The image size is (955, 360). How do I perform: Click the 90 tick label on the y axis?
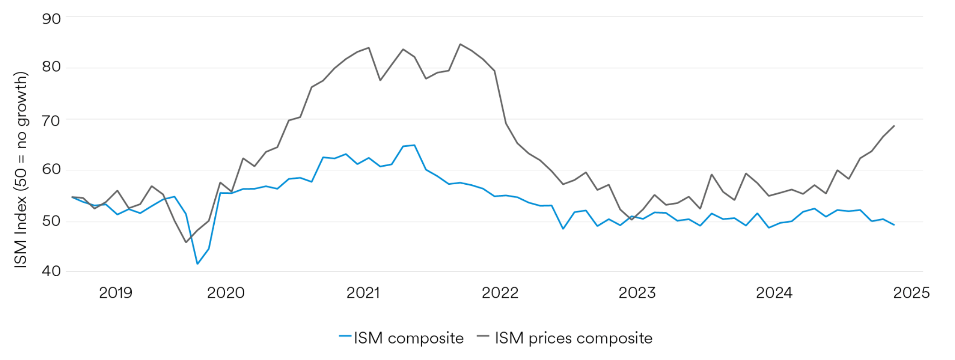click(x=51, y=19)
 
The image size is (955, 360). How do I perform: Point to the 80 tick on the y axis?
click(x=51, y=67)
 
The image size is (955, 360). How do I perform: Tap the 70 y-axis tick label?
click(x=51, y=120)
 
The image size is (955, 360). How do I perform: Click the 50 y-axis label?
click(x=51, y=221)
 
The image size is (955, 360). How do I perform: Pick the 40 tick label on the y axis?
click(x=51, y=271)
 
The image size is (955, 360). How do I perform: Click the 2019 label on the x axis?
click(x=116, y=293)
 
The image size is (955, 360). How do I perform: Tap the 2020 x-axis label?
click(x=226, y=293)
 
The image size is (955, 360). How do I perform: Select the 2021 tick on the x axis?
click(x=363, y=293)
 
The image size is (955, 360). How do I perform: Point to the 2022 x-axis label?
click(x=500, y=293)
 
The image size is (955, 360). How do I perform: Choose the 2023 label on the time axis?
click(x=637, y=293)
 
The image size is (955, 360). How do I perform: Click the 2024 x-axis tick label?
click(x=774, y=293)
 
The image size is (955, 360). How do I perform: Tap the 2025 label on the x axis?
click(x=911, y=293)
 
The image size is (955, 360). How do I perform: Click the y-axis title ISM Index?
click(x=21, y=170)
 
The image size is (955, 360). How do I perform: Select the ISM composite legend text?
click(x=408, y=338)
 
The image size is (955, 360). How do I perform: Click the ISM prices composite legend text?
click(x=573, y=338)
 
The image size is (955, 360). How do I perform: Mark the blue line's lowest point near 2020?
click(x=198, y=264)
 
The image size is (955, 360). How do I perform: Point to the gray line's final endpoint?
click(x=894, y=126)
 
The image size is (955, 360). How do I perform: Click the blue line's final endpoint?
click(x=894, y=225)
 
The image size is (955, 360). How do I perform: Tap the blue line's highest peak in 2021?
click(x=414, y=145)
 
